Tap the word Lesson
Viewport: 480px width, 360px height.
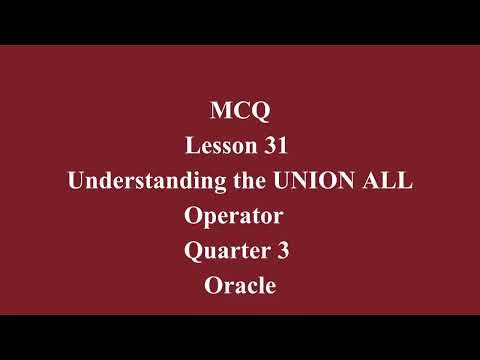(222, 146)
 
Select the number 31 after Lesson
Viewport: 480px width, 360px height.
(277, 146)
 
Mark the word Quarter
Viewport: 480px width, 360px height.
(226, 252)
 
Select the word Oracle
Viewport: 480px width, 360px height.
(239, 287)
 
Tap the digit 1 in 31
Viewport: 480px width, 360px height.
(283, 146)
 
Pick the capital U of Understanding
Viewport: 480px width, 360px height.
(75, 181)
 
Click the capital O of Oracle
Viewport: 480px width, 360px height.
(212, 287)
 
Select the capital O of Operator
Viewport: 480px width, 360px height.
(193, 216)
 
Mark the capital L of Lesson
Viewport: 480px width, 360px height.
(192, 146)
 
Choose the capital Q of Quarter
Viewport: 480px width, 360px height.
(194, 252)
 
